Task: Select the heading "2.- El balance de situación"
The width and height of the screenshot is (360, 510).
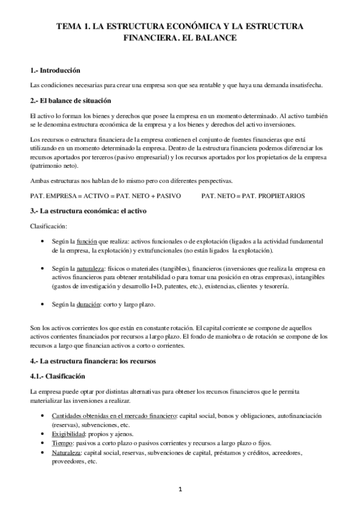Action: tap(70, 99)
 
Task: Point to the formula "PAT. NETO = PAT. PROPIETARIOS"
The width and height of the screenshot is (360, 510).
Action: tap(253, 196)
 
